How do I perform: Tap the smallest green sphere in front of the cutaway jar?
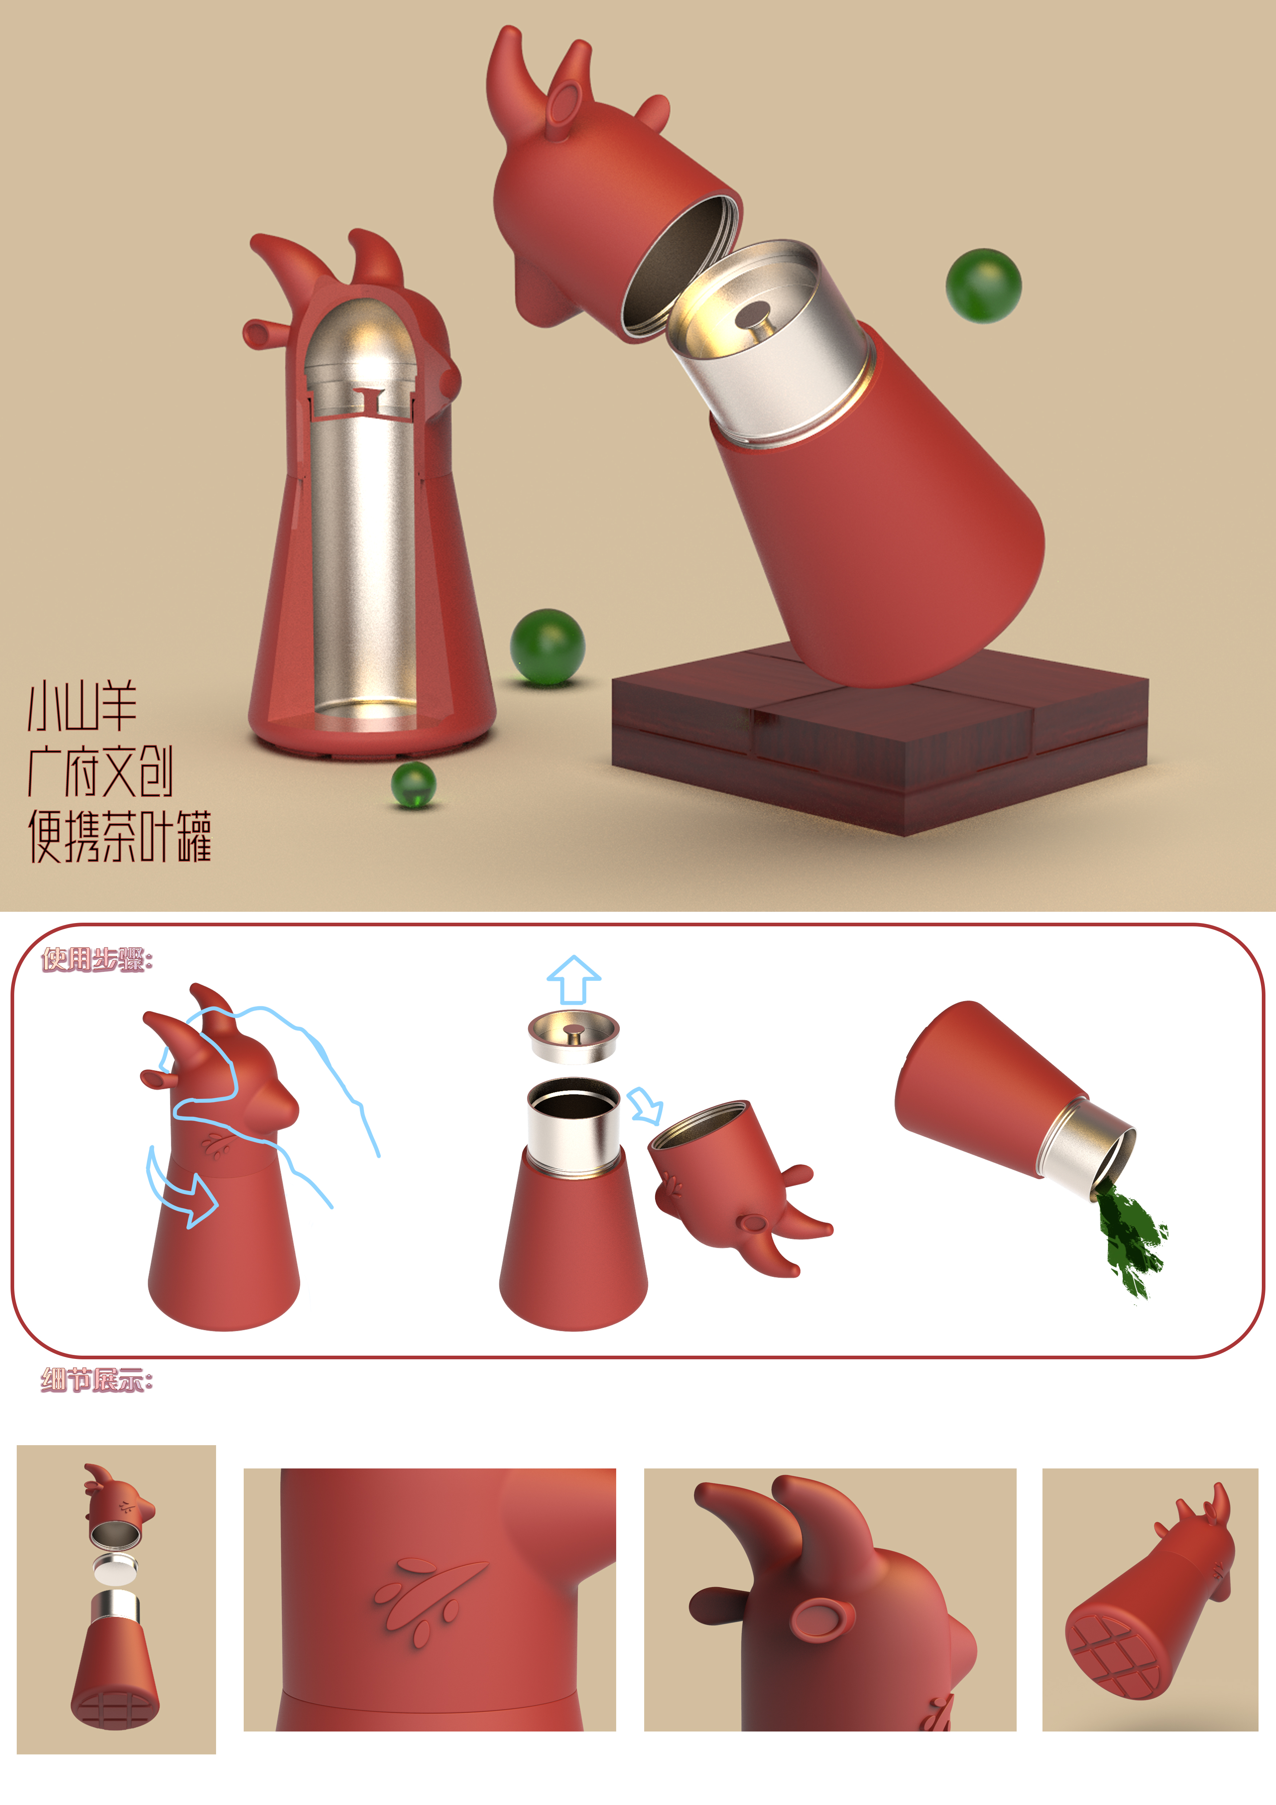[413, 784]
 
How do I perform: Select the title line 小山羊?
[83, 706]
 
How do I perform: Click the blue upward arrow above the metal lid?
[574, 979]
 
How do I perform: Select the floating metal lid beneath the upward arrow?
[574, 1036]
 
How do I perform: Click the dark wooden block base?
[880, 739]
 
